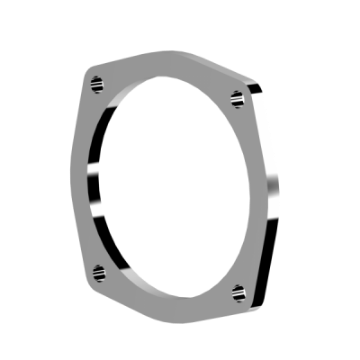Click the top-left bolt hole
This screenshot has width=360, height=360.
tap(94, 82)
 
